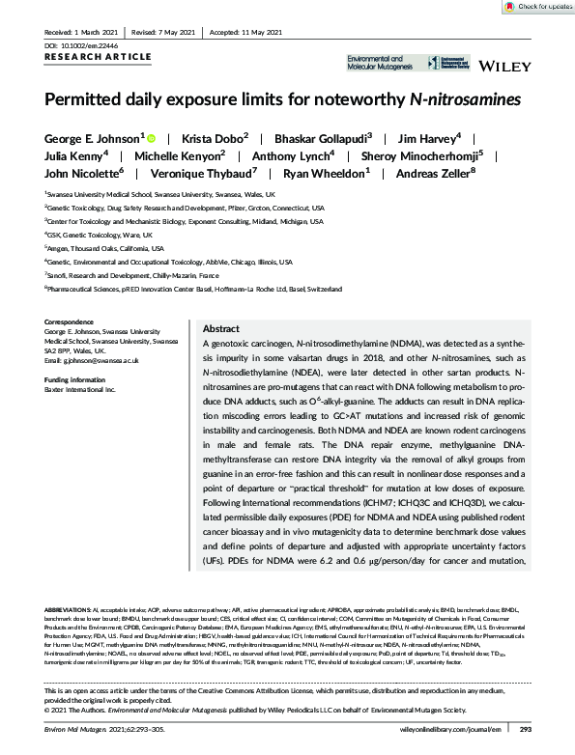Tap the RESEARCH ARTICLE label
pyautogui.click(x=87, y=57)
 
